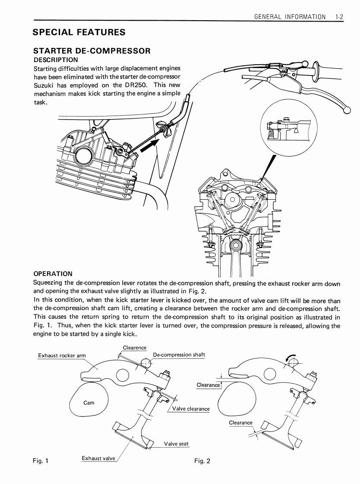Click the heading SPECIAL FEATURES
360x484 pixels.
pyautogui.click(x=79, y=32)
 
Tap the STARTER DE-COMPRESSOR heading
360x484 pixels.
pyautogui.click(x=92, y=51)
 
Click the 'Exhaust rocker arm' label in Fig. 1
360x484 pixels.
pyautogui.click(x=62, y=355)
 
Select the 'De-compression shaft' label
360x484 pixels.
pyautogui.click(x=179, y=355)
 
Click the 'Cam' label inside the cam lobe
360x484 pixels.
pyautogui.click(x=88, y=402)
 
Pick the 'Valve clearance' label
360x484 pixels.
pyautogui.click(x=191, y=409)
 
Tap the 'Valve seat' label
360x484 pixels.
pyautogui.click(x=176, y=443)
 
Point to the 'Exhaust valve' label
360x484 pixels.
pyautogui.click(x=98, y=458)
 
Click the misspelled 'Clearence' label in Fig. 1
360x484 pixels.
pyautogui.click(x=135, y=348)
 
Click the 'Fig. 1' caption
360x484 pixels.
pyautogui.click(x=41, y=460)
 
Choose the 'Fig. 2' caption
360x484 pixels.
pyautogui.click(x=202, y=461)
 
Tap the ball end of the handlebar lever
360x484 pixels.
pyautogui.click(x=346, y=110)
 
